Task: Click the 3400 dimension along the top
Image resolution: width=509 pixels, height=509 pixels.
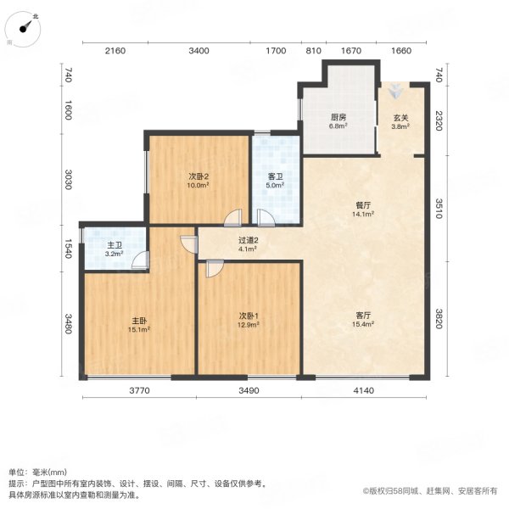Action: tap(199, 52)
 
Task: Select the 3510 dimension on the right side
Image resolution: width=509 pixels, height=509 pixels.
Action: tap(439, 208)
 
